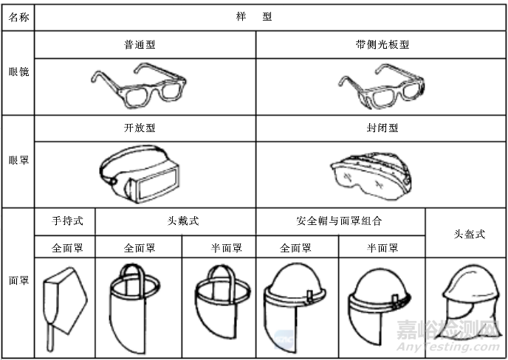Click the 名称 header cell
pos(18,16)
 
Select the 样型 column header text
pos(256,16)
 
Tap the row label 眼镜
pos(18,72)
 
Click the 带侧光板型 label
pos(382,44)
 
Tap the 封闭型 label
pos(382,128)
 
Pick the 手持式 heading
pos(65,221)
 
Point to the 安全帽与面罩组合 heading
pos(340,221)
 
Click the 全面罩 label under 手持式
pos(65,248)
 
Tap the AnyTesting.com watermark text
pos(443,346)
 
